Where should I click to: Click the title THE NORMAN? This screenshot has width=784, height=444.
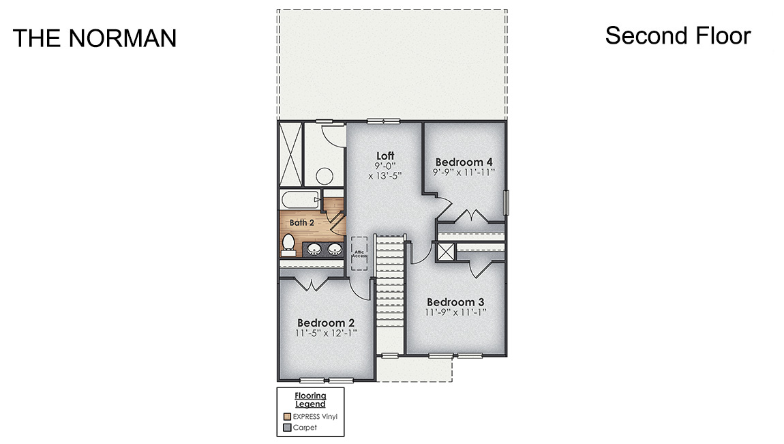(x=94, y=38)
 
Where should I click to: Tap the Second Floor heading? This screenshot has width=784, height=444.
(x=678, y=35)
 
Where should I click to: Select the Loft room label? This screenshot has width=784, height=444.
(x=385, y=156)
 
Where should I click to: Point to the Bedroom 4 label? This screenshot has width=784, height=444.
(x=464, y=162)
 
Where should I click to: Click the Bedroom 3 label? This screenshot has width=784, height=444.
(x=455, y=302)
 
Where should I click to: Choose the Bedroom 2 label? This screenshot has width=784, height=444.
(x=326, y=323)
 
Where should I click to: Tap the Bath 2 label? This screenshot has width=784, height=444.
(x=301, y=222)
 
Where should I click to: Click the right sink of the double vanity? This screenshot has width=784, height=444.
(x=334, y=249)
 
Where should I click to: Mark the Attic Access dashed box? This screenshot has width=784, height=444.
(x=359, y=253)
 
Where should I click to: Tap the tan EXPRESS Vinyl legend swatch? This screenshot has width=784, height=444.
(x=287, y=416)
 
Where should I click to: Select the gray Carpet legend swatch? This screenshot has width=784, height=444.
(x=287, y=428)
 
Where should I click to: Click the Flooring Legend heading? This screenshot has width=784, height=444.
(x=310, y=400)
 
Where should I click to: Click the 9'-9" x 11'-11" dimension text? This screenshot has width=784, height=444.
(x=464, y=173)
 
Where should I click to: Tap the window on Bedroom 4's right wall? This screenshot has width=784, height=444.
(x=505, y=202)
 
